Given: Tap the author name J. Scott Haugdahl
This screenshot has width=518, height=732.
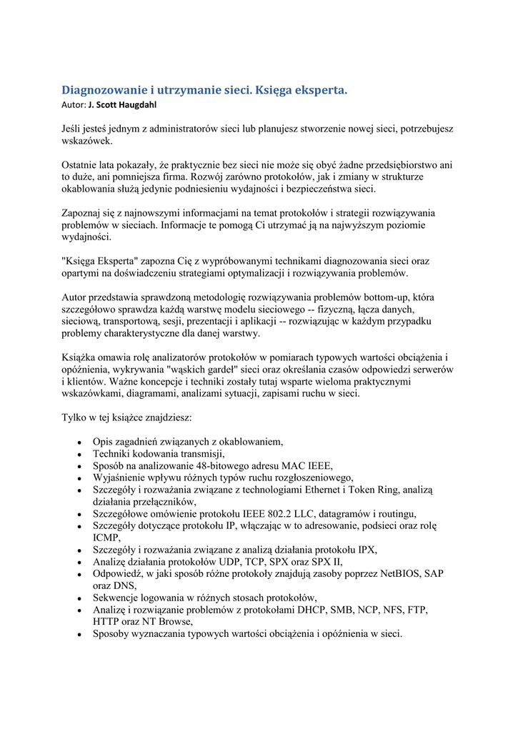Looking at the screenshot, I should click(x=122, y=105).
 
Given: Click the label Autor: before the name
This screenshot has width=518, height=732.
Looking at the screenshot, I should click(x=74, y=105).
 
